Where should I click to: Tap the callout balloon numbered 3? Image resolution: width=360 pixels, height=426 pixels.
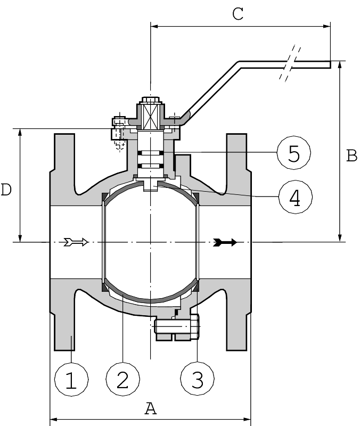197,379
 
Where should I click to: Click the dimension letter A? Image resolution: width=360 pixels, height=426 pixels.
151,408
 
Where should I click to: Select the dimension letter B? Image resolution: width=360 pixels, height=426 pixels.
351,155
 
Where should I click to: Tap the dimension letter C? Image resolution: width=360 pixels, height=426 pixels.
238,14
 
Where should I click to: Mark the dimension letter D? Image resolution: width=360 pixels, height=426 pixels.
6,190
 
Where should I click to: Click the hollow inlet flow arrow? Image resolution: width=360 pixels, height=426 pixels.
75,242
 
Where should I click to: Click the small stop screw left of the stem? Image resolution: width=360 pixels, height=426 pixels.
118,130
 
